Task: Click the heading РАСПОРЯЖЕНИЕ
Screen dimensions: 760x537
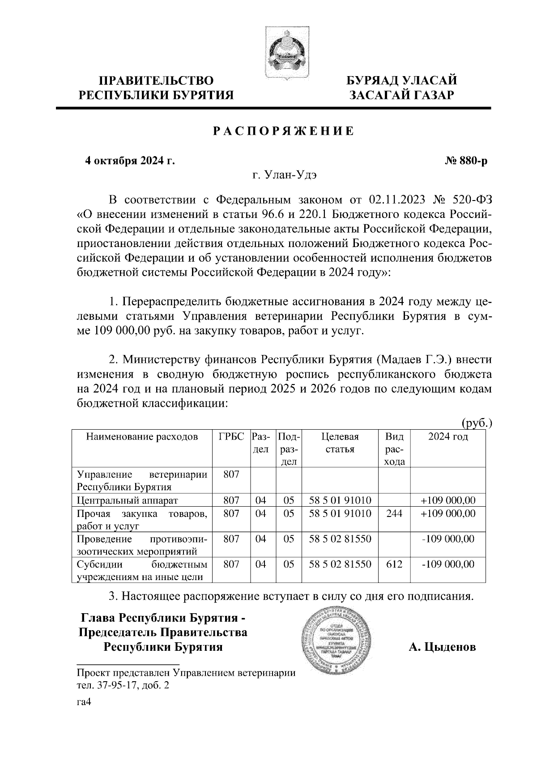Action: pyautogui.click(x=283, y=131)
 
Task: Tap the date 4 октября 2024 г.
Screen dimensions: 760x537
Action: pyautogui.click(x=130, y=161)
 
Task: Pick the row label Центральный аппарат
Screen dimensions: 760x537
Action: pyautogui.click(x=128, y=500)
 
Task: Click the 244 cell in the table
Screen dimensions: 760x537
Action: pyautogui.click(x=394, y=513)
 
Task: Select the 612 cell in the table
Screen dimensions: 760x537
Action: pyautogui.click(x=394, y=564)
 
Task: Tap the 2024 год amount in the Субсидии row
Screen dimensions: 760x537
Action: pyautogui.click(x=448, y=564)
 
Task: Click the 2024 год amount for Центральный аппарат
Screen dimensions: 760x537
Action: pyautogui.click(x=448, y=500)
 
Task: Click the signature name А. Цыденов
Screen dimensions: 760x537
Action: pyautogui.click(x=442, y=647)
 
